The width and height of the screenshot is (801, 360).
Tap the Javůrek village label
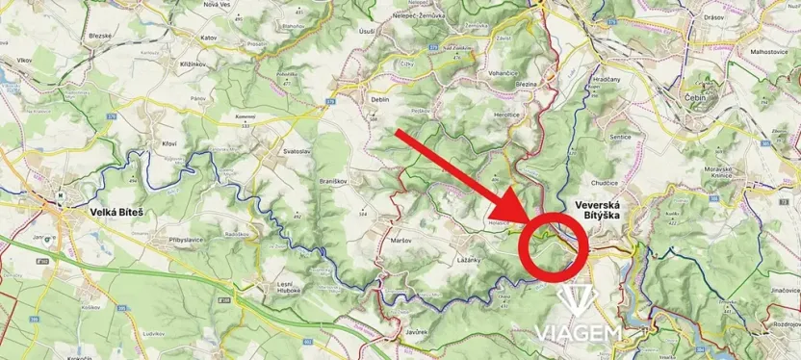pyautogui.click(x=415, y=329)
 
